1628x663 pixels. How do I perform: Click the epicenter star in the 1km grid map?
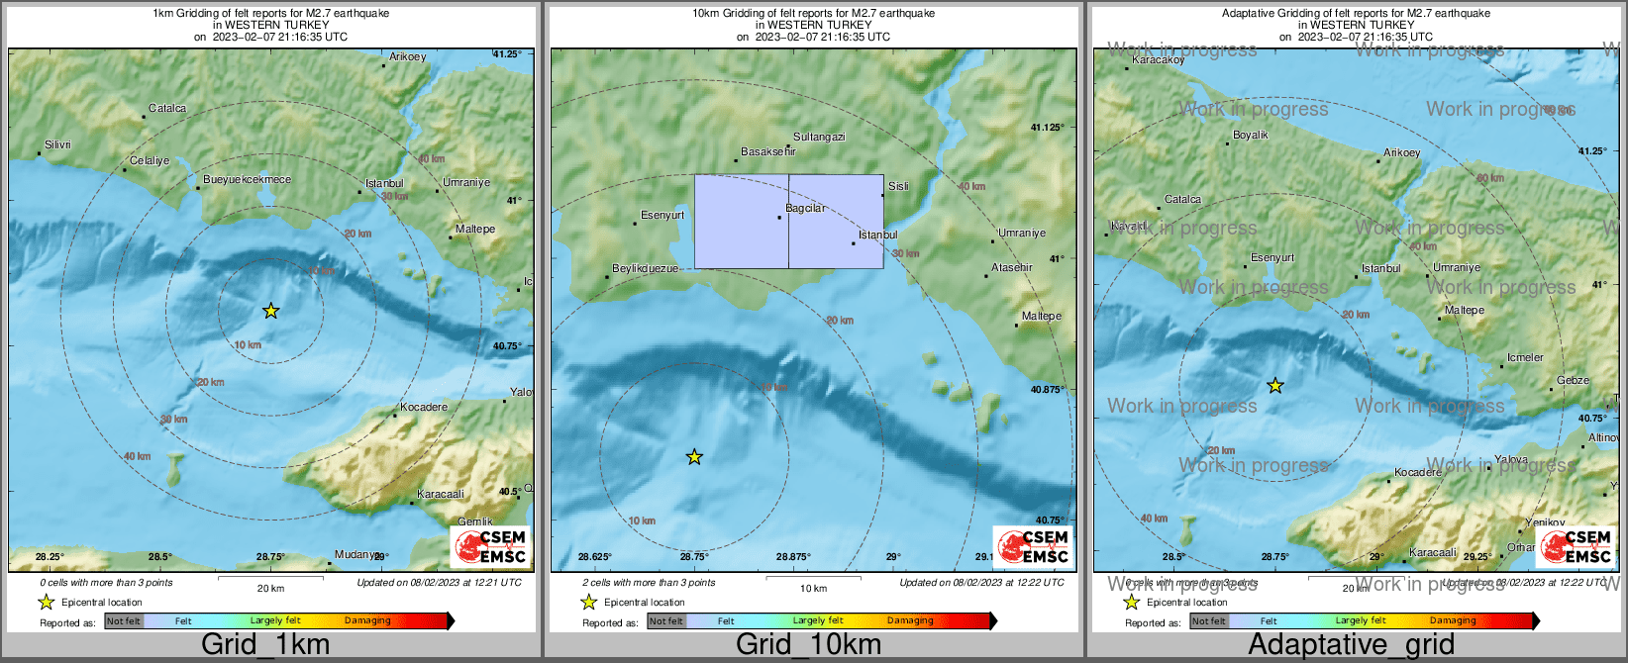270,311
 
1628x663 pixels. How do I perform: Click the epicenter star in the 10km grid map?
694,456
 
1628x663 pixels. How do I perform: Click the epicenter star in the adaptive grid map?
1275,386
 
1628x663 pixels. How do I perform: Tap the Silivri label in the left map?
57,144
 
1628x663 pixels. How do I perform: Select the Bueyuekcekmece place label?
247,179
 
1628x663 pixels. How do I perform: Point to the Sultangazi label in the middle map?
819,137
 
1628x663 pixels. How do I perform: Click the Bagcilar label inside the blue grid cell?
805,208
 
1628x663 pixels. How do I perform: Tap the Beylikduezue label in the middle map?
645,268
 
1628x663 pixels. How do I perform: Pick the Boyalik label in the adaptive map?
1250,135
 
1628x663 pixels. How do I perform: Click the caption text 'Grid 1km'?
265,644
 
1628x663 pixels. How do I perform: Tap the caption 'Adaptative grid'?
1351,644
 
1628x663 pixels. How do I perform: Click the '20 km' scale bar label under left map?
270,588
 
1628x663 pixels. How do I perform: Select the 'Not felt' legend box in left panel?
124,620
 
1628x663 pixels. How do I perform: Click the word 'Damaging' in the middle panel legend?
910,620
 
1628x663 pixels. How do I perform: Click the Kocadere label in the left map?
424,407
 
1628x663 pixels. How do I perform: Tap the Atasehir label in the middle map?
1011,267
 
